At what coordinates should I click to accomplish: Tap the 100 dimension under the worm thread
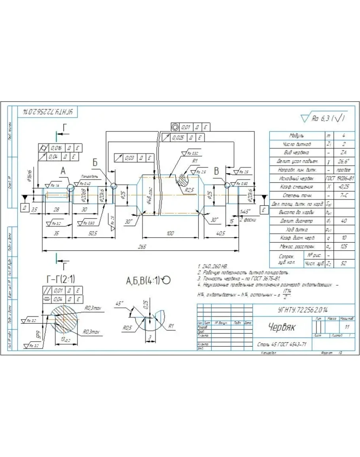coord(170,234)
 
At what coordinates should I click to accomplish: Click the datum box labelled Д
coord(25,207)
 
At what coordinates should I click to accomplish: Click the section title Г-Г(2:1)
coord(61,279)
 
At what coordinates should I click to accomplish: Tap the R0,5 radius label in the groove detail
coord(127,328)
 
